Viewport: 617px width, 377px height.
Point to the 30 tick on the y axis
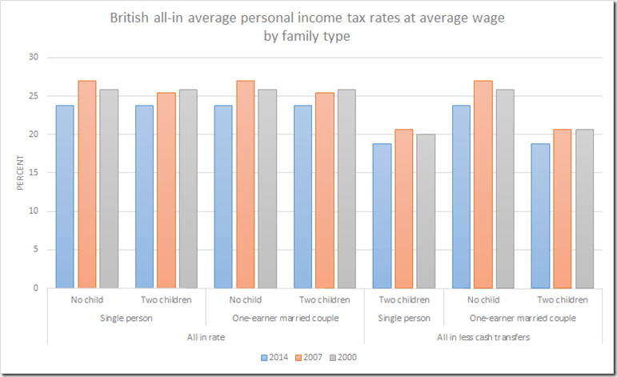coord(33,57)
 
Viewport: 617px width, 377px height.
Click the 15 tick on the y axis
coord(33,172)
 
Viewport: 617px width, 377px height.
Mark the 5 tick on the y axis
coord(35,249)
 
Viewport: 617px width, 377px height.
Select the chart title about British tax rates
coord(308,26)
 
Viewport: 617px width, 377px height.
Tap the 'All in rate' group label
coord(206,336)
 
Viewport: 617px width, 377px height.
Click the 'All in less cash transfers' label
coord(483,336)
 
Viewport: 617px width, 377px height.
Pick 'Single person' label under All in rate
coord(126,318)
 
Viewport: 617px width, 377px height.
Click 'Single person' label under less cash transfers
coord(403,318)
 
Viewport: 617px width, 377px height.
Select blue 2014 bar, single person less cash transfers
coord(382,216)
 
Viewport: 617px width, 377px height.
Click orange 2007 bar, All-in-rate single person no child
coord(86,184)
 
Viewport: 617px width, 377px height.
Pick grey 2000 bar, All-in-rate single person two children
coord(188,189)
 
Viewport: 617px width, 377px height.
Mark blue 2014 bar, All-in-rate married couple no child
coord(223,197)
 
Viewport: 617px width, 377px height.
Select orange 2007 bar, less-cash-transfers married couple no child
coord(483,184)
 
